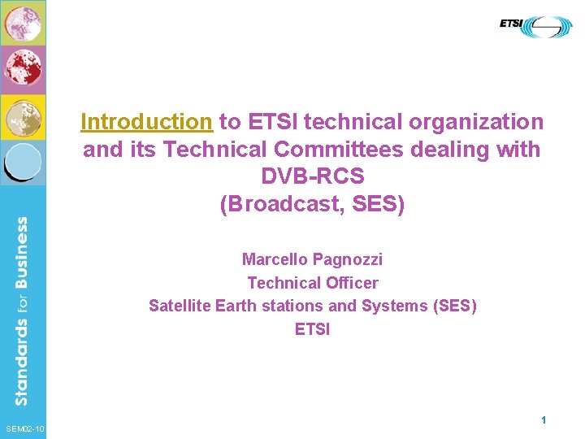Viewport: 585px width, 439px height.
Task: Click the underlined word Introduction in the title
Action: (146, 122)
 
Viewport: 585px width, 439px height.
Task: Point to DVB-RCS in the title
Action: (312, 176)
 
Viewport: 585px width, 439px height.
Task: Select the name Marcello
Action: (276, 259)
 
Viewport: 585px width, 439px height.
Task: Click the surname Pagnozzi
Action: (349, 259)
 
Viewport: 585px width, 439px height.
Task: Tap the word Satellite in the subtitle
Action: (180, 306)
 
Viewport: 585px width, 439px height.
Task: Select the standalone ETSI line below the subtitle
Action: (312, 329)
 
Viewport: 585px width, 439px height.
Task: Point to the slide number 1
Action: (543, 420)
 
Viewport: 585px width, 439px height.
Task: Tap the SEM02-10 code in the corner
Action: (24, 429)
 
